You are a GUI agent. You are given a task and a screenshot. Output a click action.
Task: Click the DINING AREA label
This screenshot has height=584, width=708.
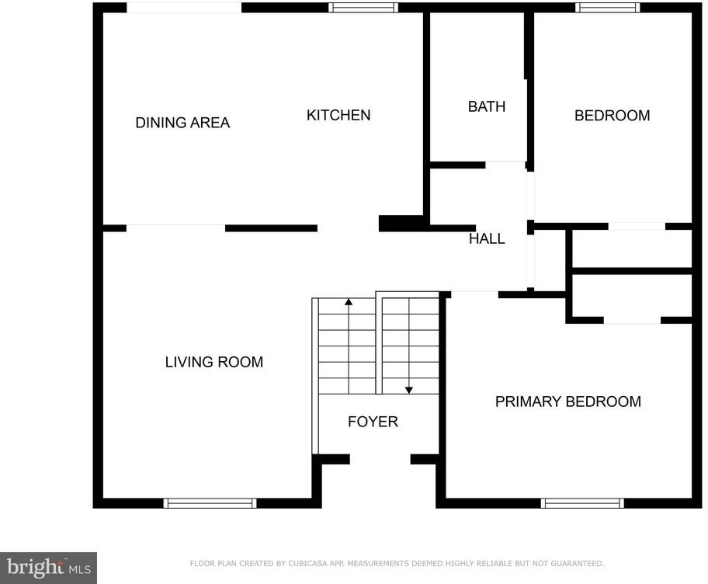(x=182, y=123)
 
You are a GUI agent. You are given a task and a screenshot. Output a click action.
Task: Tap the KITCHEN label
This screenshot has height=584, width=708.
(x=338, y=115)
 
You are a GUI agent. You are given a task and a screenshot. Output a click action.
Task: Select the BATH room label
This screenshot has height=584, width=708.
(x=486, y=106)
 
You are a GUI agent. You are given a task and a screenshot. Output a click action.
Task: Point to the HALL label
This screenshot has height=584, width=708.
(x=487, y=238)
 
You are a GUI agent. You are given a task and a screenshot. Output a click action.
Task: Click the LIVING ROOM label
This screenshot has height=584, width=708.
(x=214, y=362)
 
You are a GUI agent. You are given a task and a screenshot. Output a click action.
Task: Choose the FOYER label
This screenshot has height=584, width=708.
(x=373, y=422)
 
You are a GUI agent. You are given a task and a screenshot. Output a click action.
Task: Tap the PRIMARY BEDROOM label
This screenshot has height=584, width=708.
(x=568, y=401)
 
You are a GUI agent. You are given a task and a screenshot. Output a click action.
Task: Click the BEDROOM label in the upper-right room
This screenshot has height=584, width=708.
(x=613, y=116)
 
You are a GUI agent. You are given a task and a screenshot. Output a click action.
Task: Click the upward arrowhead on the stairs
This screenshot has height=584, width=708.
(x=349, y=302)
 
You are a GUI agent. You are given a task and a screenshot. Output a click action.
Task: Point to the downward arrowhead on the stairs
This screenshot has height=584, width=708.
(x=409, y=390)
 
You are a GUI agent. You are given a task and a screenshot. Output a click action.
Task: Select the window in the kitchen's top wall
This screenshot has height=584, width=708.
(x=363, y=7)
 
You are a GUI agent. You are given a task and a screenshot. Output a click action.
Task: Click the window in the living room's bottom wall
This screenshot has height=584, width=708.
(x=210, y=503)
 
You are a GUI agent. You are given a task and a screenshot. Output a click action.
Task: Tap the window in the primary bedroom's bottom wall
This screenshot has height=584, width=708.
(x=582, y=503)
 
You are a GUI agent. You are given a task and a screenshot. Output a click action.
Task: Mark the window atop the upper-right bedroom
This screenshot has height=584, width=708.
(x=608, y=7)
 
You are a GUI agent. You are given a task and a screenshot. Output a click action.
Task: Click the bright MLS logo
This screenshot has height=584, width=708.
(x=48, y=568)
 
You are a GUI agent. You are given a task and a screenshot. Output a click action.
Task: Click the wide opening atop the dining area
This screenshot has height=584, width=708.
(x=184, y=8)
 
